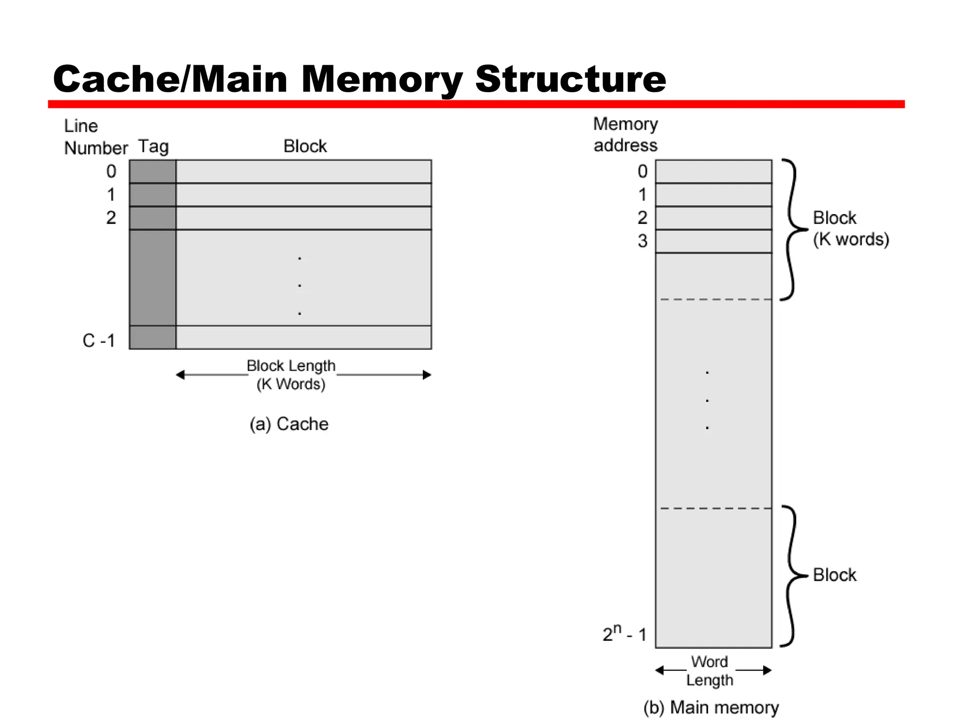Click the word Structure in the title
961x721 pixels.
pos(570,79)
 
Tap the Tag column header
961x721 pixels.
pos(153,146)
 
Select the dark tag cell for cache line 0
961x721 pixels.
pos(153,171)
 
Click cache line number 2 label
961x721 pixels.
pos(111,218)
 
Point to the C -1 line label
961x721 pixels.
pos(99,340)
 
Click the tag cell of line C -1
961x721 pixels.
pos(153,337)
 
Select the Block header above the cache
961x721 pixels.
pos(305,146)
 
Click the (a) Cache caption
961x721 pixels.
pos(289,424)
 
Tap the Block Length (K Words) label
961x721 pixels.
pos(291,375)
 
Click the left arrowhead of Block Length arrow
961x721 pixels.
pos(180,375)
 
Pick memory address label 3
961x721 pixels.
pos(642,241)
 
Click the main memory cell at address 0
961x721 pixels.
pos(713,171)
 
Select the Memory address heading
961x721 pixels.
pos(625,135)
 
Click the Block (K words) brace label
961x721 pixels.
pos(850,229)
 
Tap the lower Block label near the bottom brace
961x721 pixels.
pos(834,575)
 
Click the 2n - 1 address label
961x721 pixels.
pos(625,634)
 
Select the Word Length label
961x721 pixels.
pos(709,671)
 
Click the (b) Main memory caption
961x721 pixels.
pos(711,707)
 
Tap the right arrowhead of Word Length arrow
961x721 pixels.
pos(767,670)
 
